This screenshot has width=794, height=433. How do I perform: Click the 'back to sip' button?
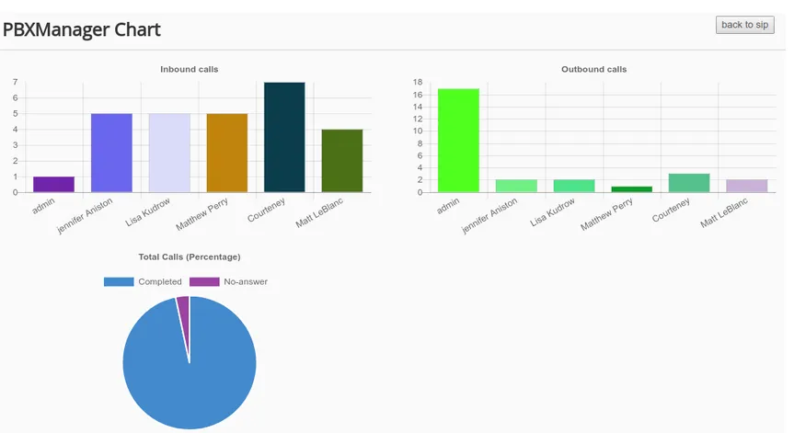click(744, 25)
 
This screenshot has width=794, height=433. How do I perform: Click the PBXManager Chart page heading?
click(82, 29)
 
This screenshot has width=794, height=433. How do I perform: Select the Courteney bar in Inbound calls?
click(284, 137)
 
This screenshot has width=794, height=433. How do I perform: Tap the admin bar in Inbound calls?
click(53, 184)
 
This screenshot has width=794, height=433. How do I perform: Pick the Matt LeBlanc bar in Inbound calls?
click(342, 161)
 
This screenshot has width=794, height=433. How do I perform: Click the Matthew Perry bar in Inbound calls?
click(226, 153)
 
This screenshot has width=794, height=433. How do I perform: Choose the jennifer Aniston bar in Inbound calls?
click(111, 153)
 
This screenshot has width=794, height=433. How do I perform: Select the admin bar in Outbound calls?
click(458, 140)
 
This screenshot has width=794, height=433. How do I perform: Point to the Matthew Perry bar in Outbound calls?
click(631, 189)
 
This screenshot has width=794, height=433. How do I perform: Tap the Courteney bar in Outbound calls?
click(689, 183)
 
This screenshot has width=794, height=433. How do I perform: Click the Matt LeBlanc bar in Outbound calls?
click(746, 186)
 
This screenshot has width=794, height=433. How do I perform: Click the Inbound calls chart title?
click(189, 69)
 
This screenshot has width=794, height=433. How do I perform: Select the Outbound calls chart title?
click(593, 69)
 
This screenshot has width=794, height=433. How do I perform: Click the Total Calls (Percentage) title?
click(189, 256)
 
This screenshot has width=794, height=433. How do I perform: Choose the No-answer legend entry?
click(229, 281)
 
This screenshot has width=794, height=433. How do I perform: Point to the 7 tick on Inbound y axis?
click(16, 83)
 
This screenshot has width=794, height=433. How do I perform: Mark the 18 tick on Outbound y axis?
click(419, 83)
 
